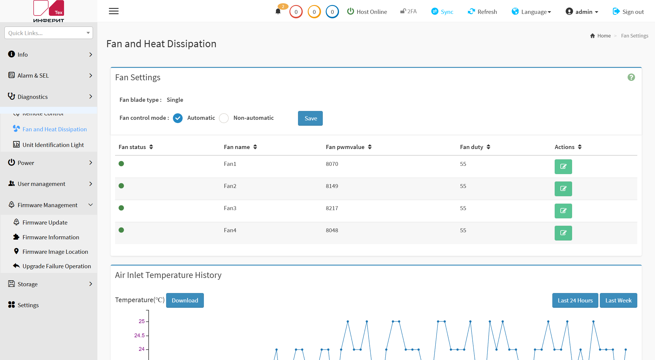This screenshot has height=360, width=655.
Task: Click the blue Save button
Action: (310, 118)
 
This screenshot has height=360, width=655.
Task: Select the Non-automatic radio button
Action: (224, 118)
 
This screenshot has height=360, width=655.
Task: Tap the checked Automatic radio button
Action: (178, 118)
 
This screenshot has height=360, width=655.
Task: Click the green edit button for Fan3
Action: (563, 211)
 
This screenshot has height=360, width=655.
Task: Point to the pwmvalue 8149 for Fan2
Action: (332, 186)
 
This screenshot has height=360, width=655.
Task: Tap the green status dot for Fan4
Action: (121, 230)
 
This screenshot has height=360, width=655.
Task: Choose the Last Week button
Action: (618, 300)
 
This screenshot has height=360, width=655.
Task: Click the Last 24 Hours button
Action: (575, 300)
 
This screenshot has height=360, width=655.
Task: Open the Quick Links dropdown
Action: (49, 33)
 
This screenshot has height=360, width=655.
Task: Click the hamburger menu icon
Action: (114, 11)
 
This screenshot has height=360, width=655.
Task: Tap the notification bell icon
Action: (278, 12)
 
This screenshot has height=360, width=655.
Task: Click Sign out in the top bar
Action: (628, 12)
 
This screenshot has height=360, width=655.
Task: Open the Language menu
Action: (531, 12)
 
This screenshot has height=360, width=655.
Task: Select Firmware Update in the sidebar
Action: (45, 222)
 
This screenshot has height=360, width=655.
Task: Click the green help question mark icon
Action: (631, 77)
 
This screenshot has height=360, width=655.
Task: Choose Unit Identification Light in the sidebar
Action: (53, 145)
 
